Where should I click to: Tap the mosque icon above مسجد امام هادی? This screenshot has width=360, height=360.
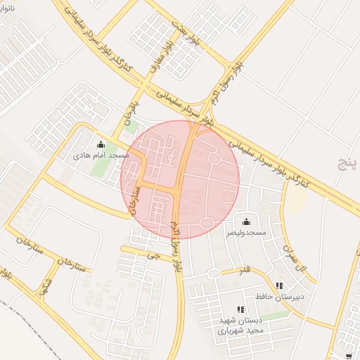click(100, 145)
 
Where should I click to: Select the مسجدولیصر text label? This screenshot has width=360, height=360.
click(246, 231)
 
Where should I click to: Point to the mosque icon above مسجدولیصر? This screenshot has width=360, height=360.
click(245, 221)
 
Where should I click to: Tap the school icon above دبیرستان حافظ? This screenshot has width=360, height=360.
click(279, 286)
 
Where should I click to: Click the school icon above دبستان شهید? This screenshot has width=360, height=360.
click(240, 309)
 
